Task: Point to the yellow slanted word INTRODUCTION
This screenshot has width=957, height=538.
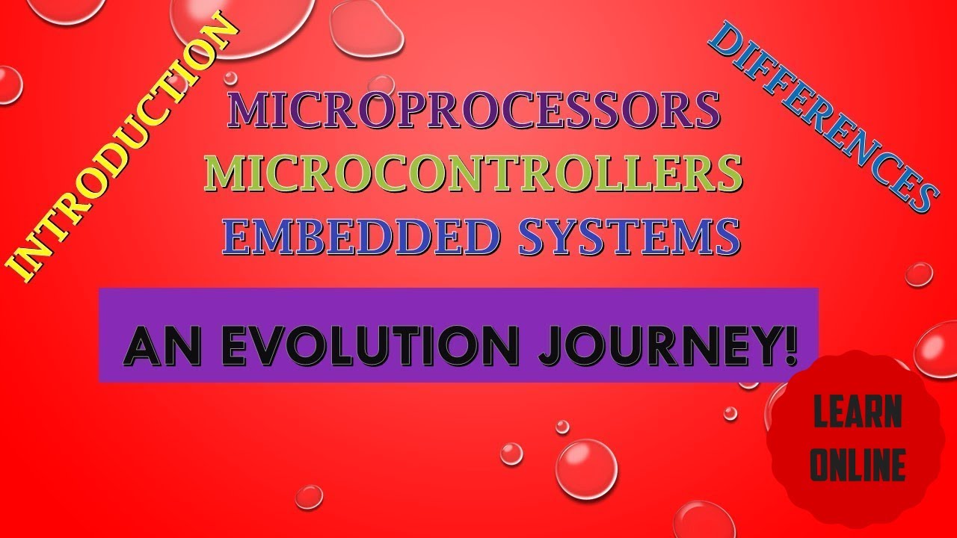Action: coord(123,149)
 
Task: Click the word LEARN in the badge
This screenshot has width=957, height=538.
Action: coord(857,413)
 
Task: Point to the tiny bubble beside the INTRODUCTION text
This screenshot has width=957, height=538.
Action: coord(230,78)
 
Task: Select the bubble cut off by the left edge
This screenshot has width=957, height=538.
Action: coord(9,84)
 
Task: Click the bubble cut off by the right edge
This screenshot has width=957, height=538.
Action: coord(938,349)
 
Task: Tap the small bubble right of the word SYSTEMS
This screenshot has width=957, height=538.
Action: coord(919,274)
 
